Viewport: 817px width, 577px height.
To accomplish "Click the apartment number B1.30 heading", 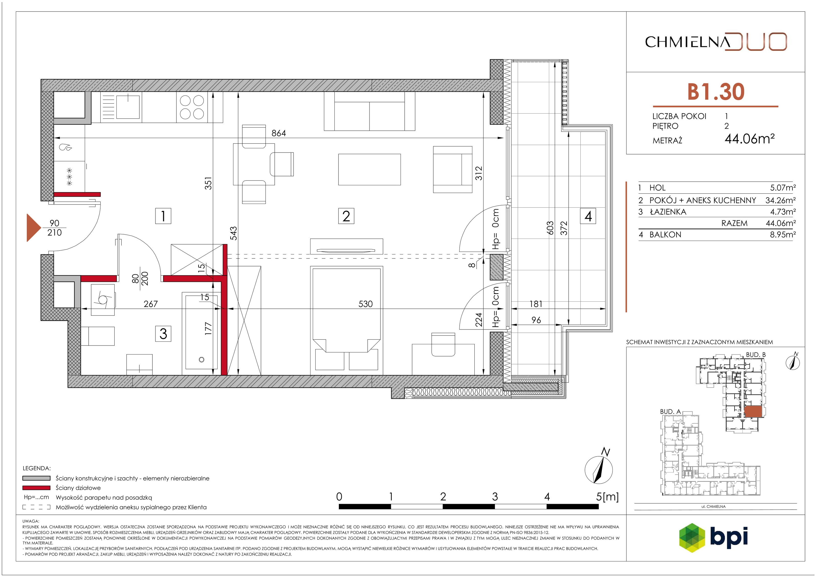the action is coord(716,92).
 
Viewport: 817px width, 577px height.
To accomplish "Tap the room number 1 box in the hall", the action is coord(163,216).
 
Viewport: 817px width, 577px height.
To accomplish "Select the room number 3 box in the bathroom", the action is coord(163,334).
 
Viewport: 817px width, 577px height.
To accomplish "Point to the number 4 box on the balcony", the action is coord(588,216).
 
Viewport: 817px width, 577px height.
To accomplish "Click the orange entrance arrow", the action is coord(34,228).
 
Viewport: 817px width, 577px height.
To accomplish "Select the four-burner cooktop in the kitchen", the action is coord(192,107).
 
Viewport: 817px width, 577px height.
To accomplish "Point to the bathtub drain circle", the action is coord(201,360).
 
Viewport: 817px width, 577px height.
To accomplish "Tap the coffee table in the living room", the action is coord(369,169).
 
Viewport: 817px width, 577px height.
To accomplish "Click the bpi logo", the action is coord(713,537).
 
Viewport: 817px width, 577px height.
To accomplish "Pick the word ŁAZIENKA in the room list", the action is coord(668,212).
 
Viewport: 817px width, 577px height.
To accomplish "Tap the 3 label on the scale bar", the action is coord(495,497).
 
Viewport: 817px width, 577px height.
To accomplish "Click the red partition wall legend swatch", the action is coord(36,488).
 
